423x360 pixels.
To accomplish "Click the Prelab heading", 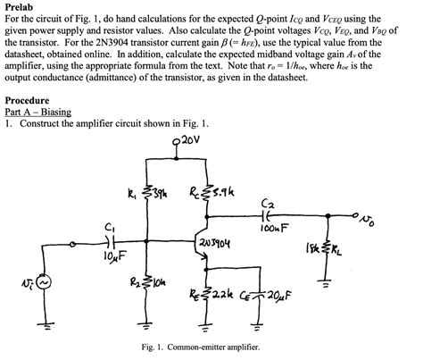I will coord(20,6).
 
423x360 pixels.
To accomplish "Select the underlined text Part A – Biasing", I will coord(37,112).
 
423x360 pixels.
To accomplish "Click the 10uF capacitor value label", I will coord(112,256).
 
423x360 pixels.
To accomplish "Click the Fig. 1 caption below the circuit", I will coord(211,347).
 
